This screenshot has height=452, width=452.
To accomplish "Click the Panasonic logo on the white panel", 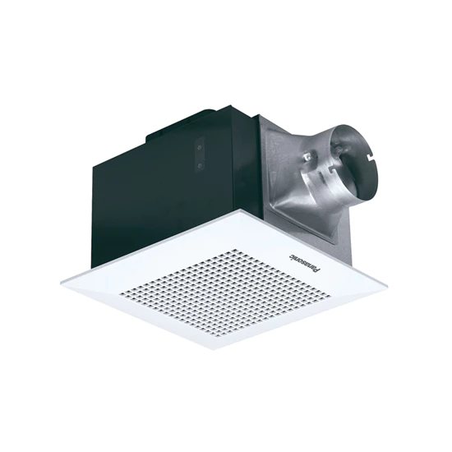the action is tap(304, 263).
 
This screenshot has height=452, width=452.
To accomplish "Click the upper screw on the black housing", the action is tap(199, 147).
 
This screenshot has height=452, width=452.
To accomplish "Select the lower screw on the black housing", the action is tap(199, 165).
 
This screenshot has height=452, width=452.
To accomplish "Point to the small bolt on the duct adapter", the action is tap(308, 156).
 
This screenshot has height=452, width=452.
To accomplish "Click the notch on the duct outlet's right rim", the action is tap(371, 158).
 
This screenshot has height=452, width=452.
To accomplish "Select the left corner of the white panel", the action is tap(61, 283).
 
